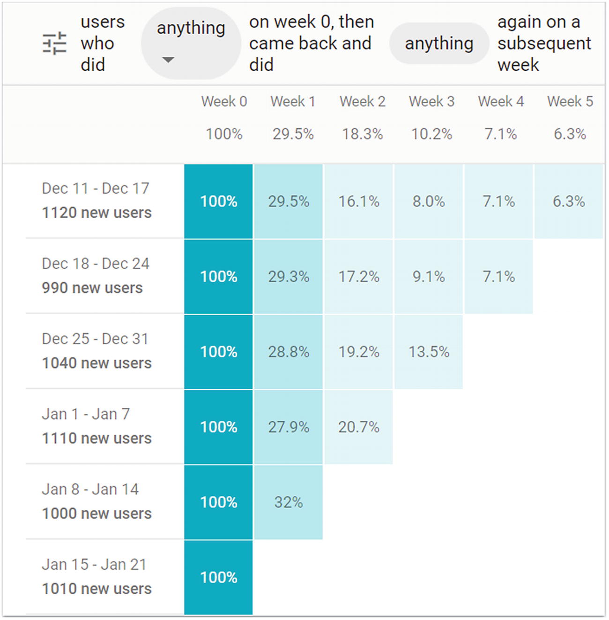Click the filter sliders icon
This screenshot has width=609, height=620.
[x=55, y=44]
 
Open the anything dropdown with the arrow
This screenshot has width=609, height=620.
[x=191, y=43]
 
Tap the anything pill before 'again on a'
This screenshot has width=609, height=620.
[x=439, y=44]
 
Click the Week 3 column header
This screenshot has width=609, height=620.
[x=431, y=102]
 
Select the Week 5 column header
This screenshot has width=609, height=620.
[x=570, y=102]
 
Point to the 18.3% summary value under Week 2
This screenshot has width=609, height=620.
[x=362, y=134]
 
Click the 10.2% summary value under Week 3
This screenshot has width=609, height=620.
[x=431, y=134]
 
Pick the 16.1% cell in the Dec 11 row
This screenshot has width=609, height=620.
[x=359, y=202]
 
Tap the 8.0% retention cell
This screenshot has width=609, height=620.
[x=429, y=202]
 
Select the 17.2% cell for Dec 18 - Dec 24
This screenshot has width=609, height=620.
[x=359, y=277]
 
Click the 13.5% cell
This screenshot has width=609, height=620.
[x=429, y=352]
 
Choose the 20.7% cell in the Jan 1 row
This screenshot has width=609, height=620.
[x=359, y=427]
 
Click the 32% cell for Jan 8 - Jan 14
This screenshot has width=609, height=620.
[x=289, y=502]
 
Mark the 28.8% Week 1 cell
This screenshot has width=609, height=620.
[x=289, y=352]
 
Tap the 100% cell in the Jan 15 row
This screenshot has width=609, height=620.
[x=219, y=577]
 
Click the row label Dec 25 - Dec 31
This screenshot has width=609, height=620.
[x=95, y=339]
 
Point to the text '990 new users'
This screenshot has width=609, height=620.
[x=92, y=288]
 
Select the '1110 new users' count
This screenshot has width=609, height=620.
[x=97, y=438]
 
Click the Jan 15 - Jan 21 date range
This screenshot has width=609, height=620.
[x=94, y=565]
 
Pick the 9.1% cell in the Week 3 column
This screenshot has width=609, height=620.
[x=429, y=277]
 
